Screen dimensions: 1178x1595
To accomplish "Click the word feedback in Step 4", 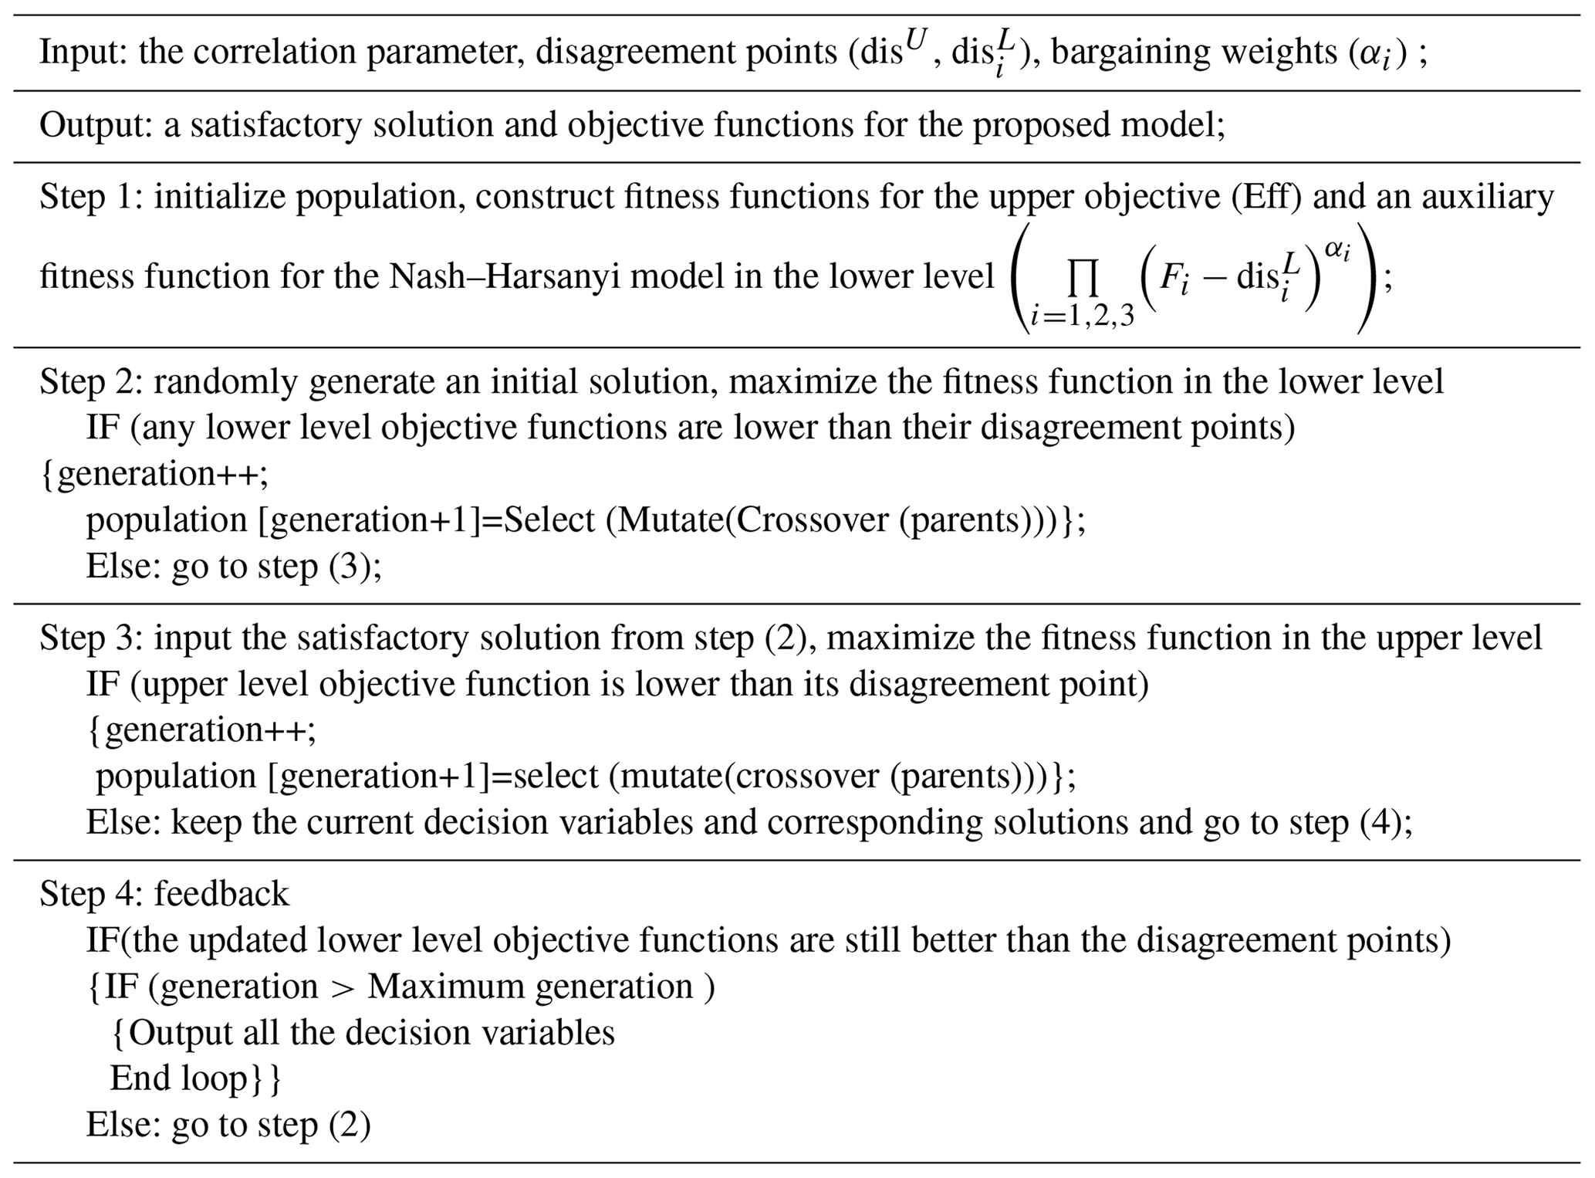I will [x=221, y=894].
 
